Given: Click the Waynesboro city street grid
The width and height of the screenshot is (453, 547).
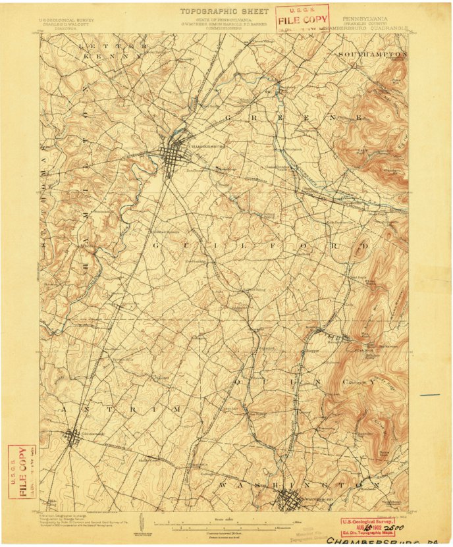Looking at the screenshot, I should coord(289,502).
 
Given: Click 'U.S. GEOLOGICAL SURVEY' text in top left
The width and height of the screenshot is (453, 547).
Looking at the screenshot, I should coord(65,20).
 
